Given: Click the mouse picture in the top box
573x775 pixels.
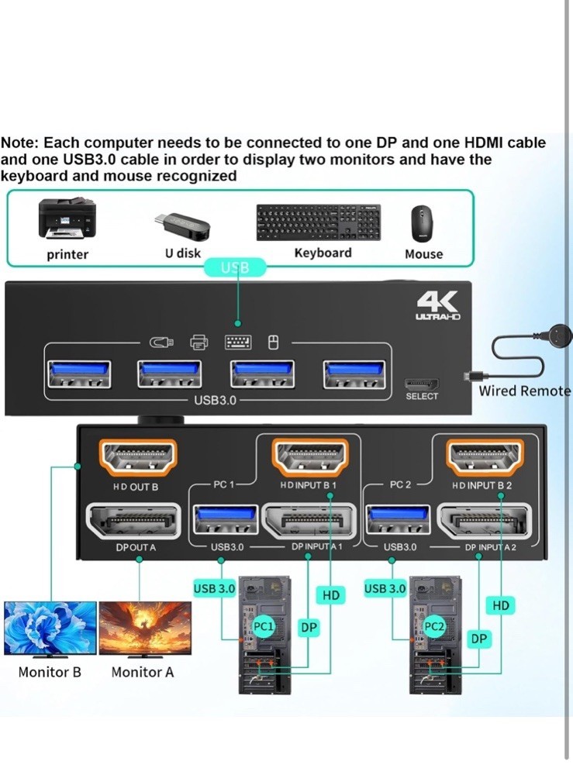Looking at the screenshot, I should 423,224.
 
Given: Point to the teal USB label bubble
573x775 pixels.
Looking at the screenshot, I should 235,268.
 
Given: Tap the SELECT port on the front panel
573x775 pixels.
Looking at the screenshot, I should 422,383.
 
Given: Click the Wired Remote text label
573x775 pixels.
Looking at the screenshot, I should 524,391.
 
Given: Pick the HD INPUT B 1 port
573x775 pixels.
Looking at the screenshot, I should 308,458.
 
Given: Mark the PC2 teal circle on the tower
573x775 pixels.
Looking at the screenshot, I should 435,625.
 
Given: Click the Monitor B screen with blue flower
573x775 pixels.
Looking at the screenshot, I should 50,628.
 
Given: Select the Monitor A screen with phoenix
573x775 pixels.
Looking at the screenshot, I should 145,628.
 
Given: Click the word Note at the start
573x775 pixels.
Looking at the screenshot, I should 20,143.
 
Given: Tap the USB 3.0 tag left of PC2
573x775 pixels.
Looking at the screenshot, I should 385,589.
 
